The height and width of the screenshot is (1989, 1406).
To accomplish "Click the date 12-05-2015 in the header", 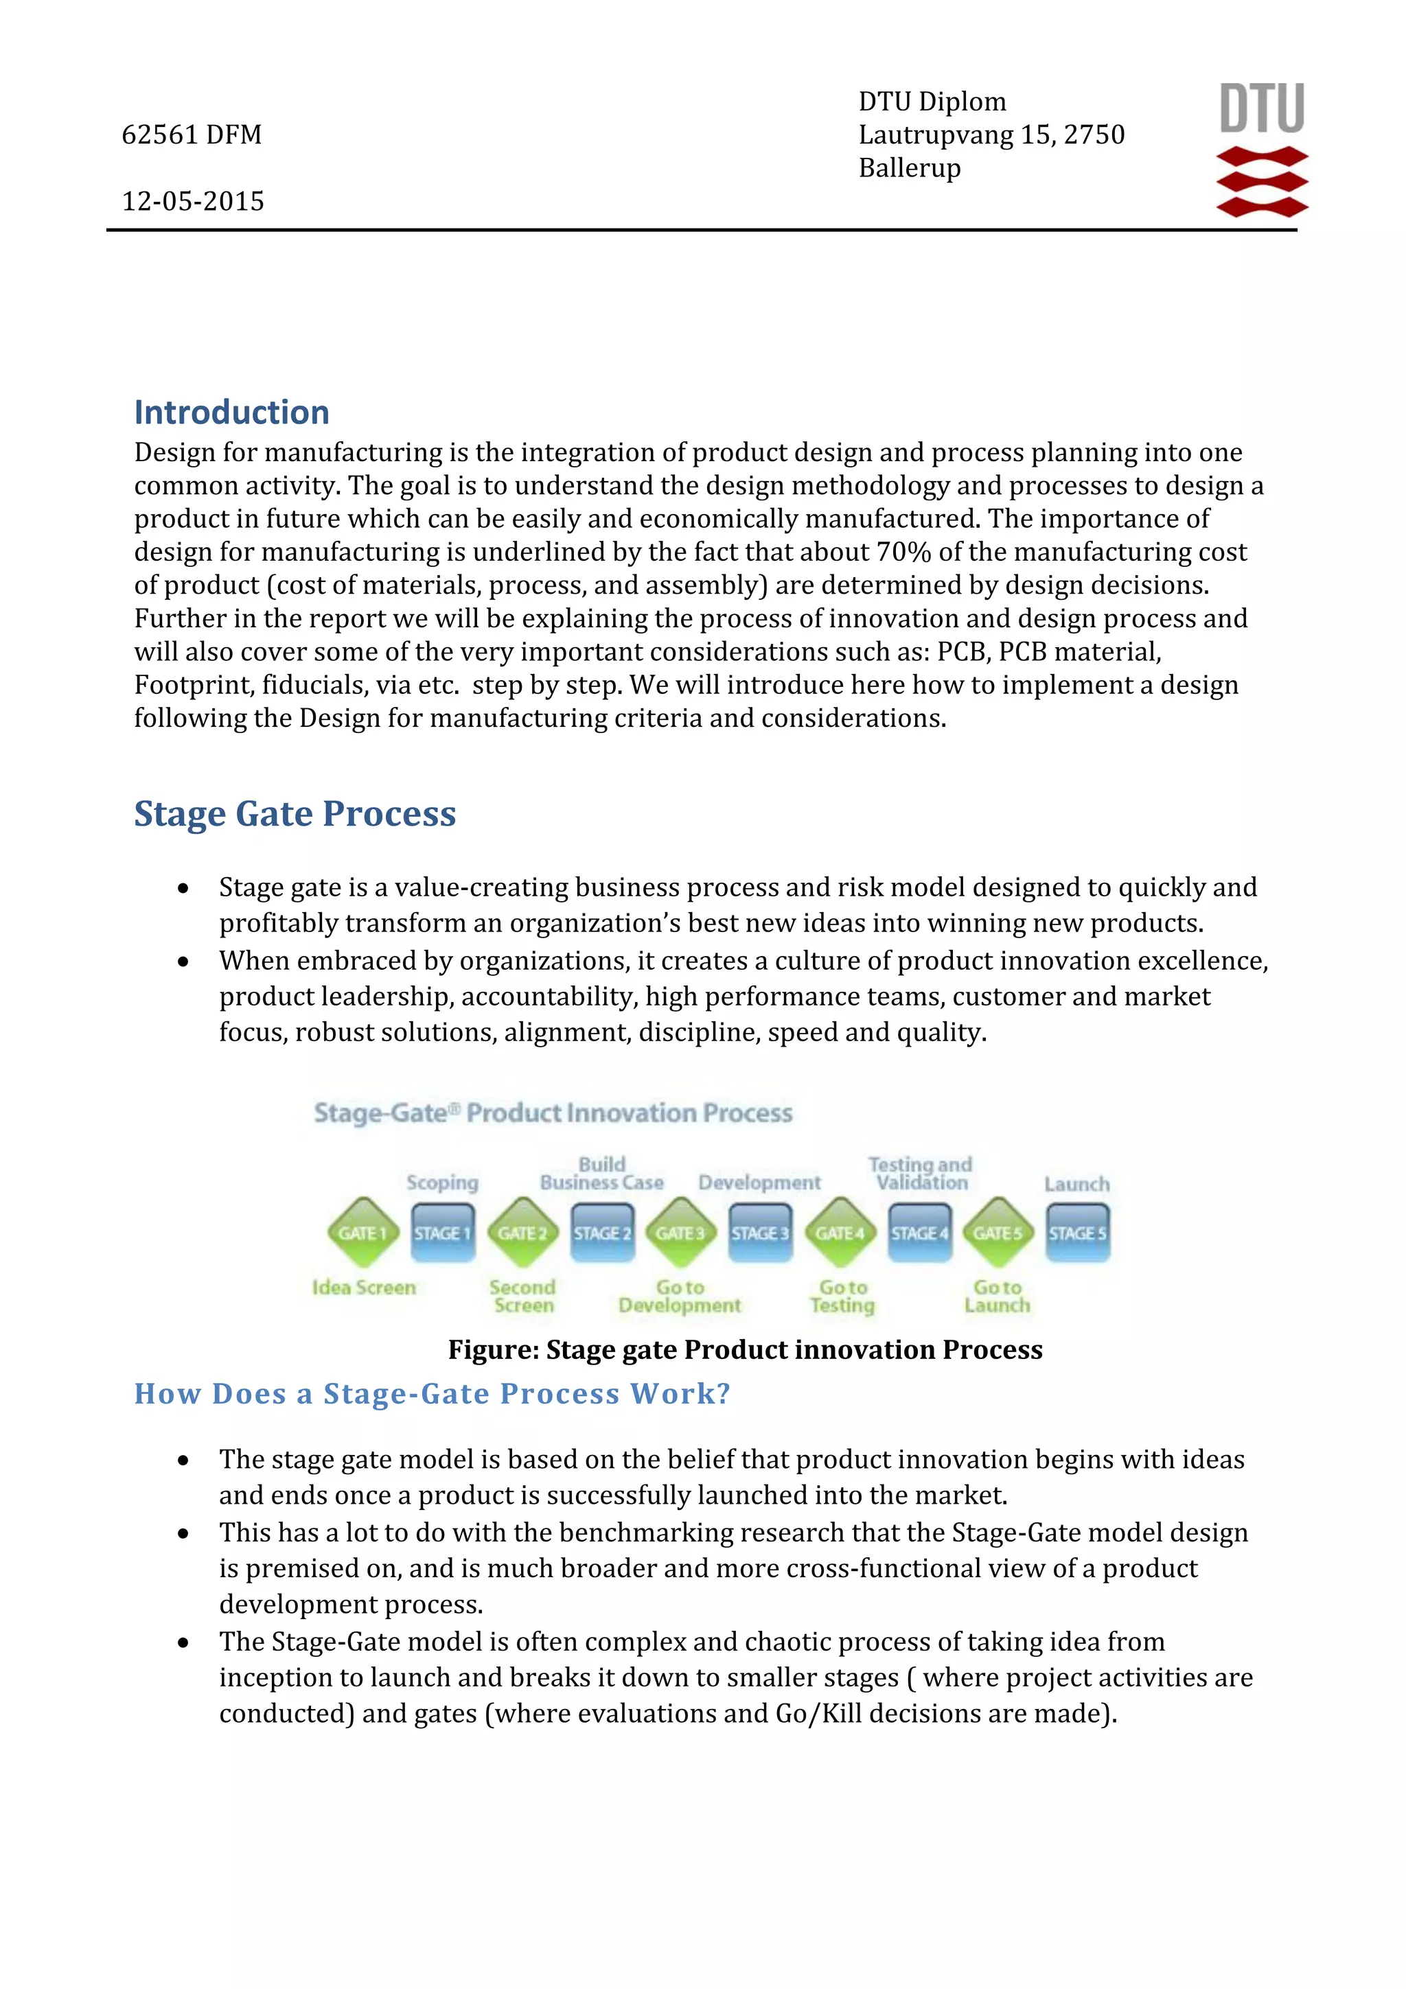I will coord(192,202).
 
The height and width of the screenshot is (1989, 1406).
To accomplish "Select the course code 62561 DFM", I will coord(192,135).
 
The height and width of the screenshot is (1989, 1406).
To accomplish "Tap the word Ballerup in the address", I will coord(910,168).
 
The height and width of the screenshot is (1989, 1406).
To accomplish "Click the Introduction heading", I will coord(231,412).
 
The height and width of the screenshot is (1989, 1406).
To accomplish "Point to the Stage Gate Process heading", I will coord(295,814).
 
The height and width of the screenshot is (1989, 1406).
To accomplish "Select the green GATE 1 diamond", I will coord(363,1233).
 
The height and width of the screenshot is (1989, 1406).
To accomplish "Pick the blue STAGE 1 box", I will coord(443,1233).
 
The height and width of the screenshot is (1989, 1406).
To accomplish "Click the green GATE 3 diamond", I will coord(681,1233).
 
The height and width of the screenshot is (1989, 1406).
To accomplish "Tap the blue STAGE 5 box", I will coord(1078,1233).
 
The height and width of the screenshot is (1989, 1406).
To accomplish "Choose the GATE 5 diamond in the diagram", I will coord(998,1233).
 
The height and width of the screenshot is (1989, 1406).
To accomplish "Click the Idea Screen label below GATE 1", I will coord(364,1288).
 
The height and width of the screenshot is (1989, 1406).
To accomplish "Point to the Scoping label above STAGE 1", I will coord(442,1183).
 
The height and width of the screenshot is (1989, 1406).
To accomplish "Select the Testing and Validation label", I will coord(920,1174).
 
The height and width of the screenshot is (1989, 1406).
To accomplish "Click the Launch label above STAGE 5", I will coord(1076,1184).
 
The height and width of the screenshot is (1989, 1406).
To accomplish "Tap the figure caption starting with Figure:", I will coord(745,1349).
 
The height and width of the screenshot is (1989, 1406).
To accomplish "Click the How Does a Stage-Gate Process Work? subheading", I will coord(433,1394).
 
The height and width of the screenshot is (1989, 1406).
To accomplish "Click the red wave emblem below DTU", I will coord(1263,182).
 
